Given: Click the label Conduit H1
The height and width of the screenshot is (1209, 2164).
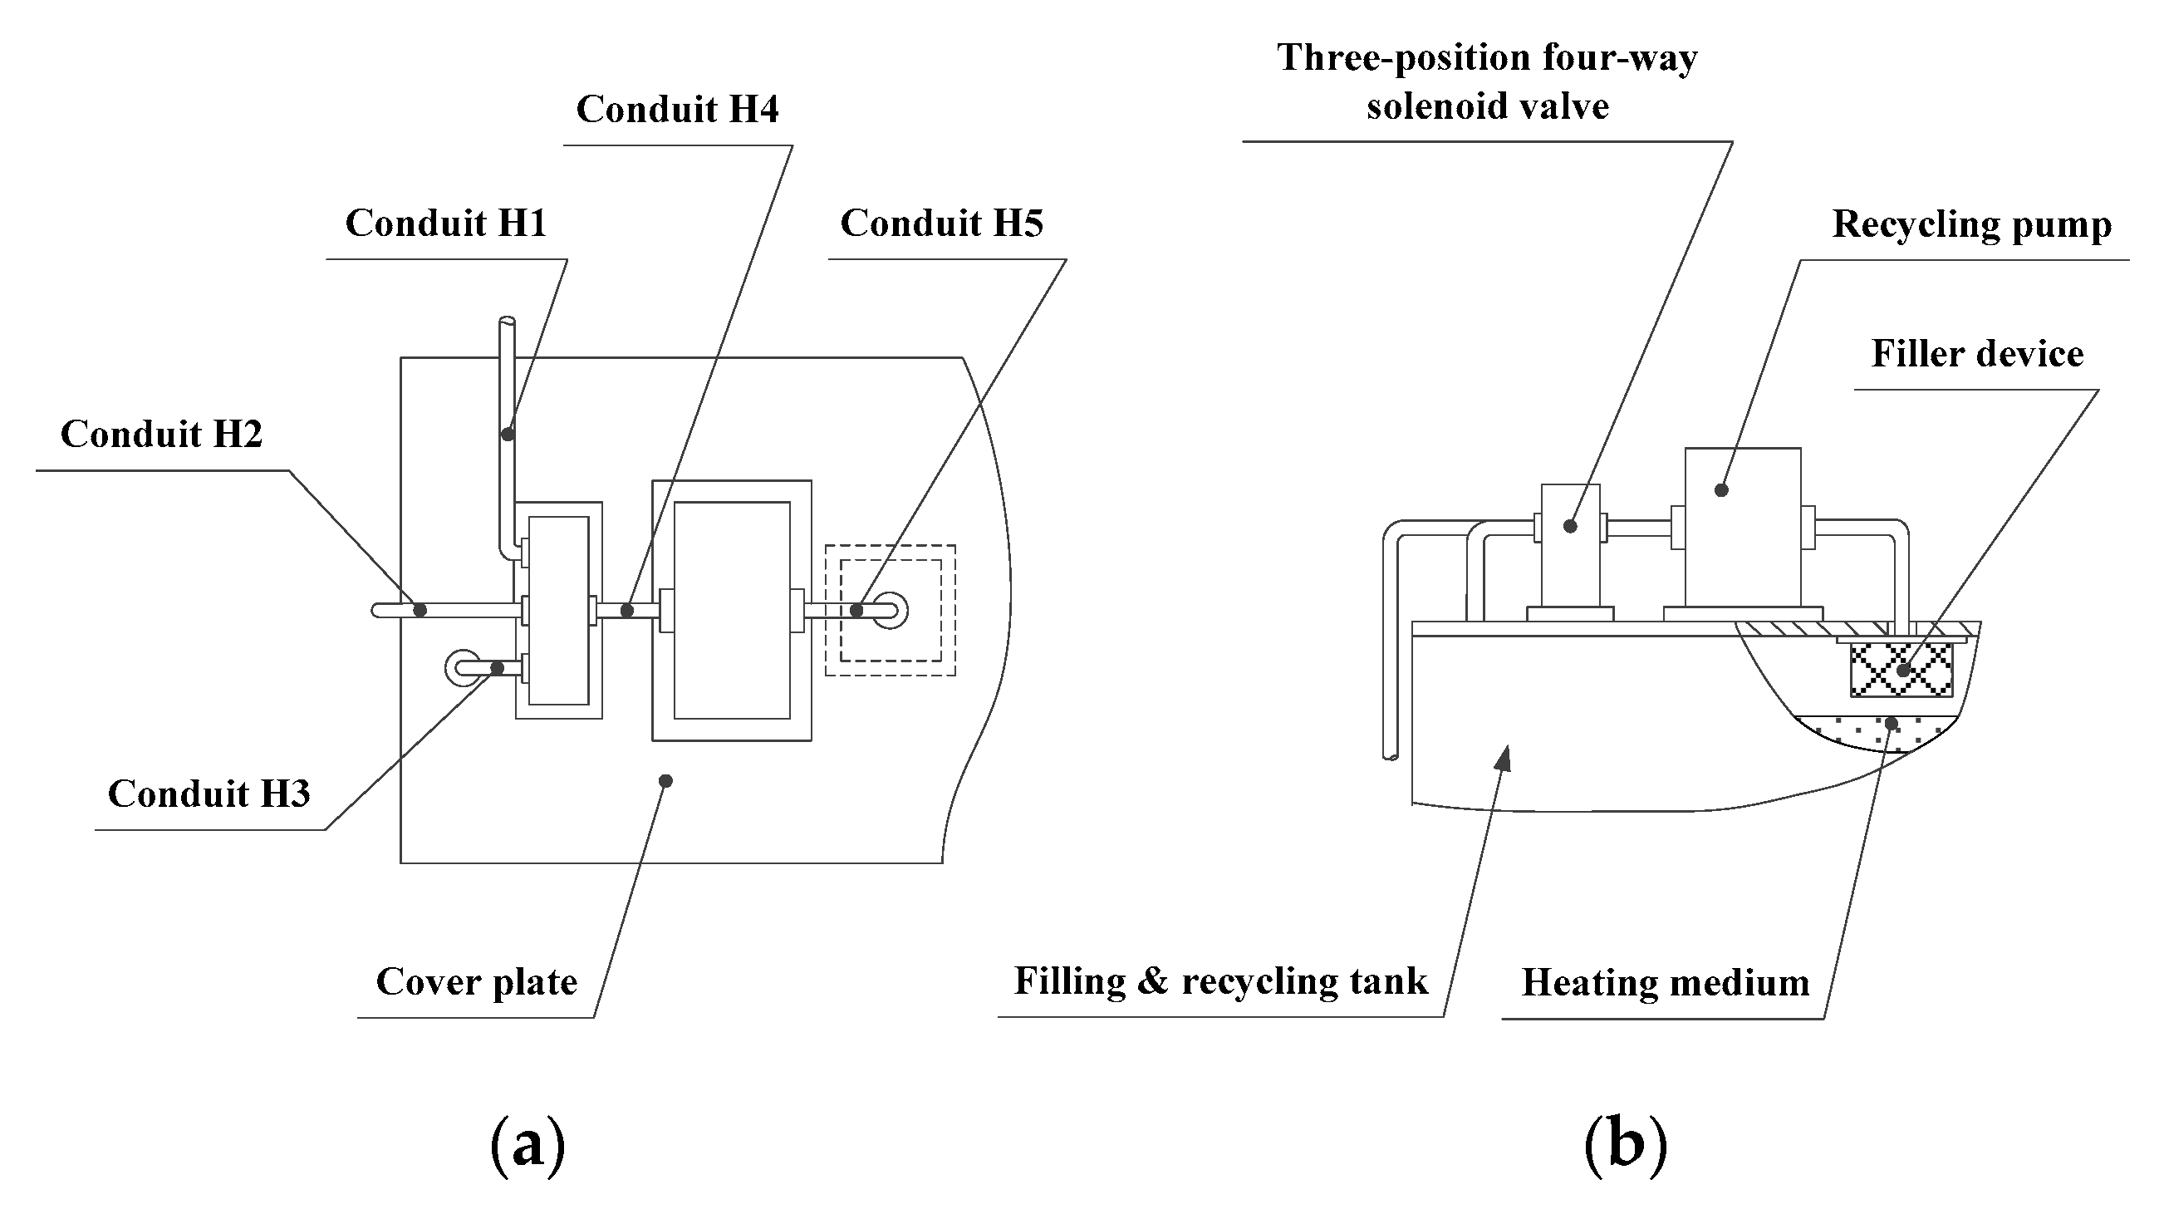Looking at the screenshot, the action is coord(446,224).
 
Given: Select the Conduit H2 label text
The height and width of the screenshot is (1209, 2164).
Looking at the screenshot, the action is coord(161,435).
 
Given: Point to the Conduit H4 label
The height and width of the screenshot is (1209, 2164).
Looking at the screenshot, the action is coord(677,109).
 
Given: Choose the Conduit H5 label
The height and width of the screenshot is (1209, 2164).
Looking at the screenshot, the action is coord(942,224).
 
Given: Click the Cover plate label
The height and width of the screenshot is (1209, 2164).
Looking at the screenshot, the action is coord(476,982).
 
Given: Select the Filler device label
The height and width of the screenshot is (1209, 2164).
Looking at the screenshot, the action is coord(1978,354).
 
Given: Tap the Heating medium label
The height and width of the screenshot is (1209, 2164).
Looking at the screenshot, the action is coord(1665,983).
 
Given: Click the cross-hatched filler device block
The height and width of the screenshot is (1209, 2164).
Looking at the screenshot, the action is coord(1901,670).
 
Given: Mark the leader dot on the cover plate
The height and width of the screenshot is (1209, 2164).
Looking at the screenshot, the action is coord(665,781).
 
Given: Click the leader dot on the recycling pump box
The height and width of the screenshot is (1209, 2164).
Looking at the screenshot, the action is coord(1721,489).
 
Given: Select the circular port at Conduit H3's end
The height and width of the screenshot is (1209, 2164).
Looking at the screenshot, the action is coord(464,669).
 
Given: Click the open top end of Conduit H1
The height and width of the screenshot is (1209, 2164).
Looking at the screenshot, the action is coord(507,321).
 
